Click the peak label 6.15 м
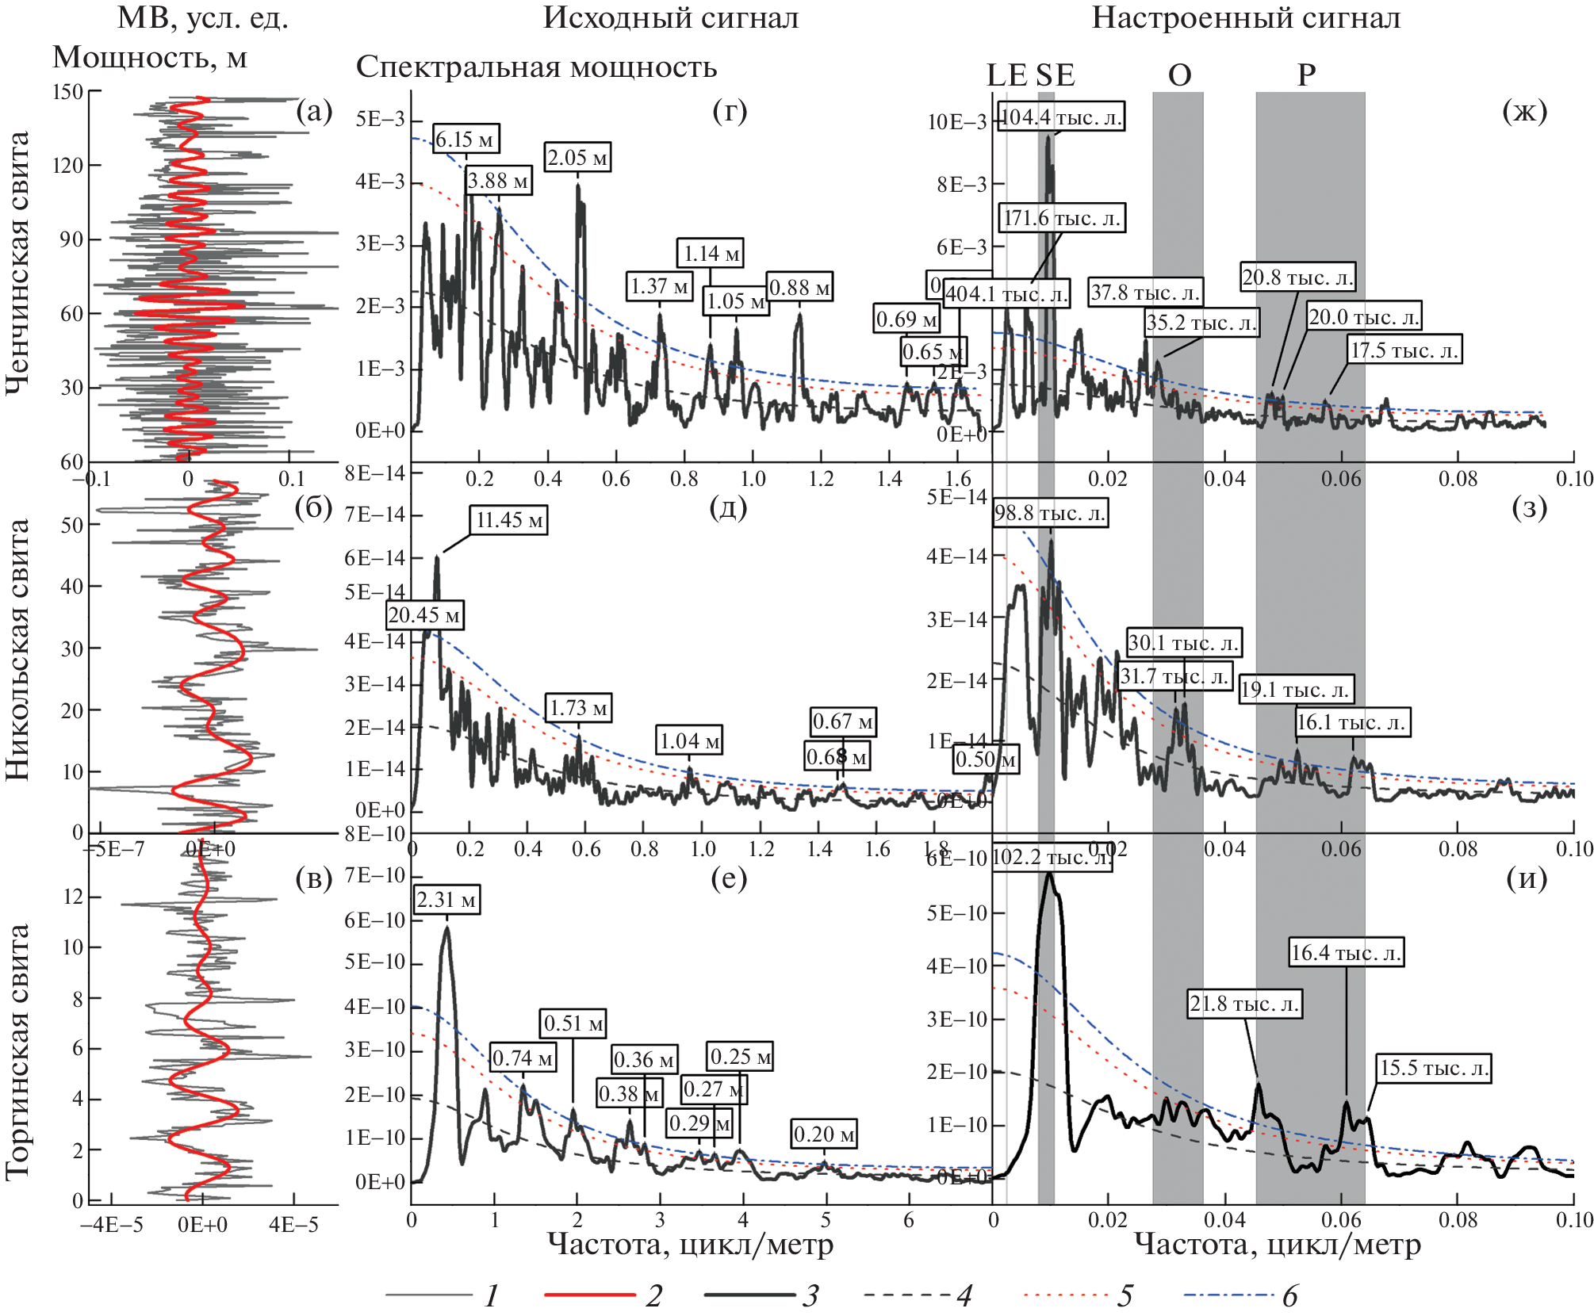pyautogui.click(x=466, y=140)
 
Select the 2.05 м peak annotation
pyautogui.click(x=577, y=157)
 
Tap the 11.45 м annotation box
pyautogui.click(x=508, y=520)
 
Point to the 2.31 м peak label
pyautogui.click(x=446, y=900)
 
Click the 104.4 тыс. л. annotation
pyautogui.click(x=1061, y=117)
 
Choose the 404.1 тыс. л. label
pyautogui.click(x=1006, y=294)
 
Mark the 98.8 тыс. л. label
pyautogui.click(x=1050, y=513)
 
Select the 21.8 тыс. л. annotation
pyautogui.click(x=1244, y=1004)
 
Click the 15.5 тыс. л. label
pyautogui.click(x=1434, y=1068)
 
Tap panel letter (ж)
pyautogui.click(x=1524, y=111)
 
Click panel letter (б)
pyautogui.click(x=313, y=507)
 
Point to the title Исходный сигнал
pyautogui.click(x=671, y=17)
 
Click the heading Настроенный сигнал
pyautogui.click(x=1246, y=17)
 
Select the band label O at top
pyautogui.click(x=1179, y=75)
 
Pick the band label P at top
pyautogui.click(x=1306, y=75)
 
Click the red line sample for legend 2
pyautogui.click(x=590, y=1295)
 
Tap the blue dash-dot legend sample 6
pyautogui.click(x=1228, y=1295)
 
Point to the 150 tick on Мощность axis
pyautogui.click(x=68, y=92)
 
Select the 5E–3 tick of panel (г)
pyautogui.click(x=380, y=119)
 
